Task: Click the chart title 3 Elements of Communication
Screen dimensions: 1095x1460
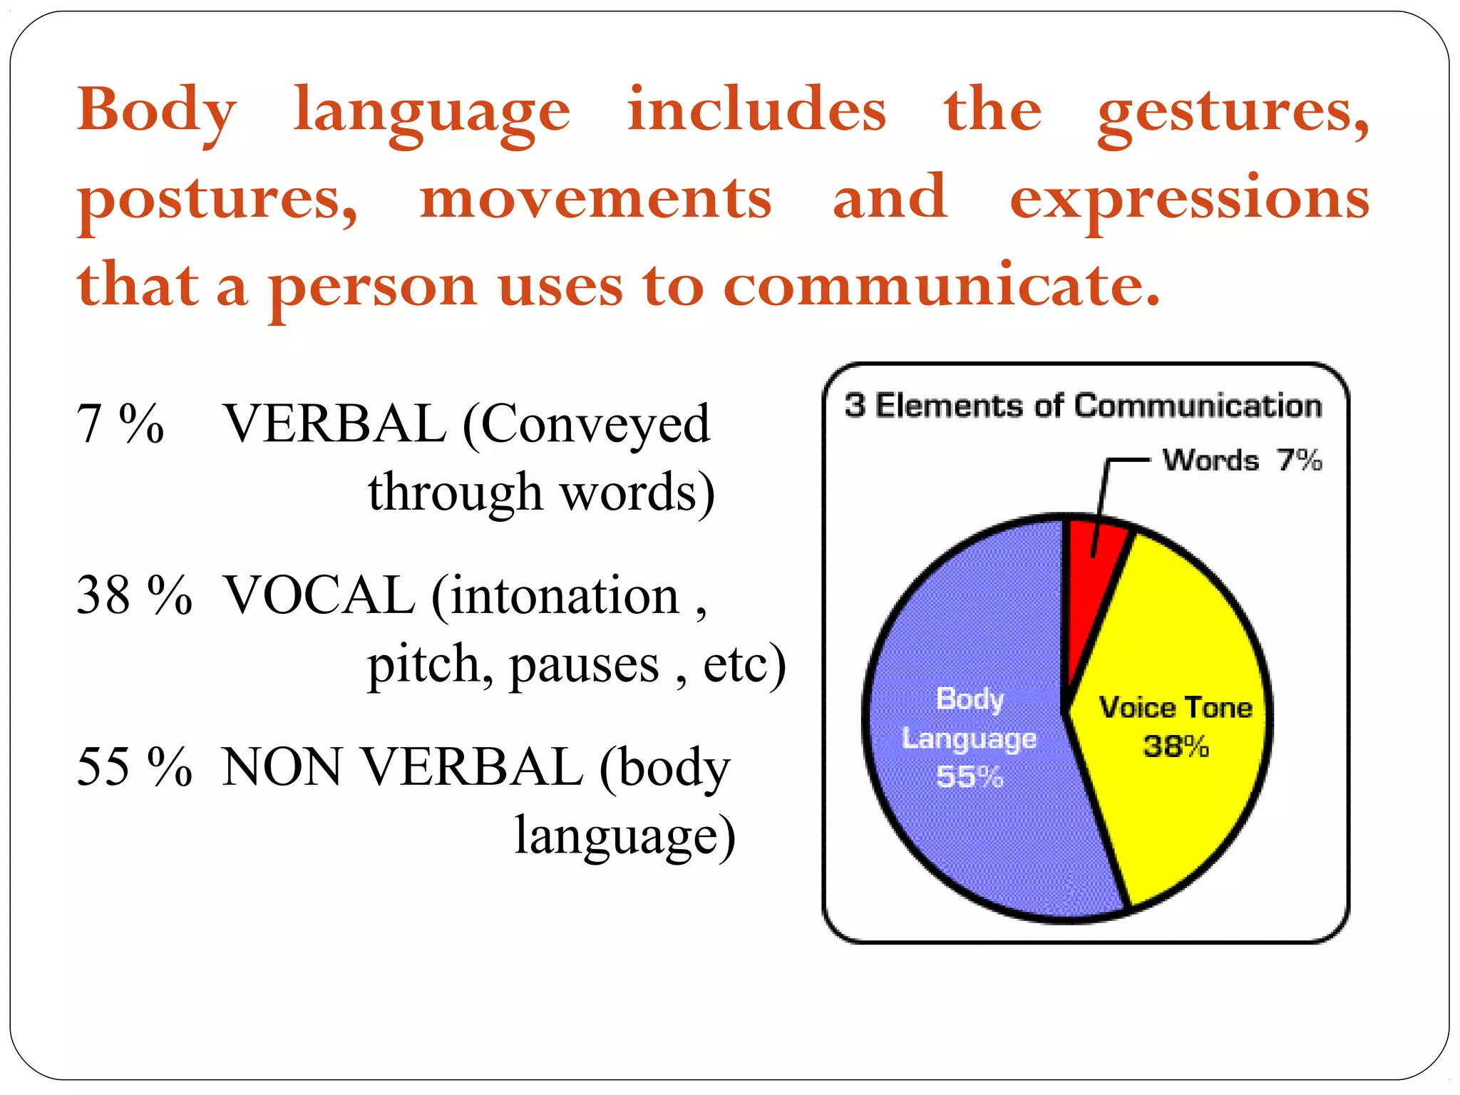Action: [1084, 406]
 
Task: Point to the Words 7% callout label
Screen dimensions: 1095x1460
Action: [1242, 460]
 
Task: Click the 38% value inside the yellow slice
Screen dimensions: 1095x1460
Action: [1176, 746]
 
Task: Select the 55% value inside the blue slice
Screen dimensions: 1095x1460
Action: [970, 776]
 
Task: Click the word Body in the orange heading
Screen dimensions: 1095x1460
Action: [157, 110]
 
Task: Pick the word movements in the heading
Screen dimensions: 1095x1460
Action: [596, 198]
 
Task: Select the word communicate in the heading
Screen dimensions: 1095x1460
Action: [941, 285]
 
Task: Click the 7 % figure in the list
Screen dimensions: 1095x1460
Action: [120, 423]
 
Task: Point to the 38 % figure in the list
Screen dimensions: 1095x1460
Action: [134, 595]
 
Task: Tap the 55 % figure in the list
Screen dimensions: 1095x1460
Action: [134, 767]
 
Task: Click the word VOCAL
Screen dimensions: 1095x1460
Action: [319, 595]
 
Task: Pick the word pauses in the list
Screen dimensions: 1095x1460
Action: [584, 664]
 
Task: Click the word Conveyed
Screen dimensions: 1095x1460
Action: [596, 423]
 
